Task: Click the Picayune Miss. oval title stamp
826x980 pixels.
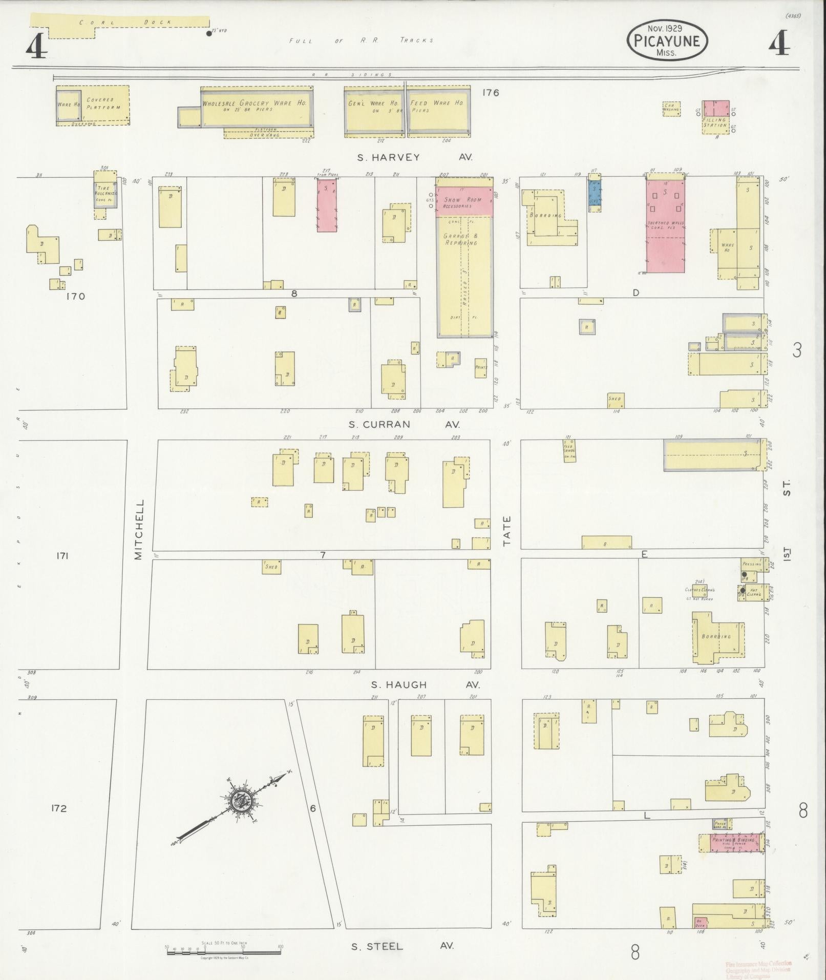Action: pos(667,40)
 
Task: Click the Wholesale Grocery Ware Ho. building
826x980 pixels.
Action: pos(256,107)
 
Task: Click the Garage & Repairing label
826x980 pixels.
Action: pos(460,240)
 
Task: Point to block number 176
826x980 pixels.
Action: pos(490,93)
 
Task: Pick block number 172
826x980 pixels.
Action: pos(59,808)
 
